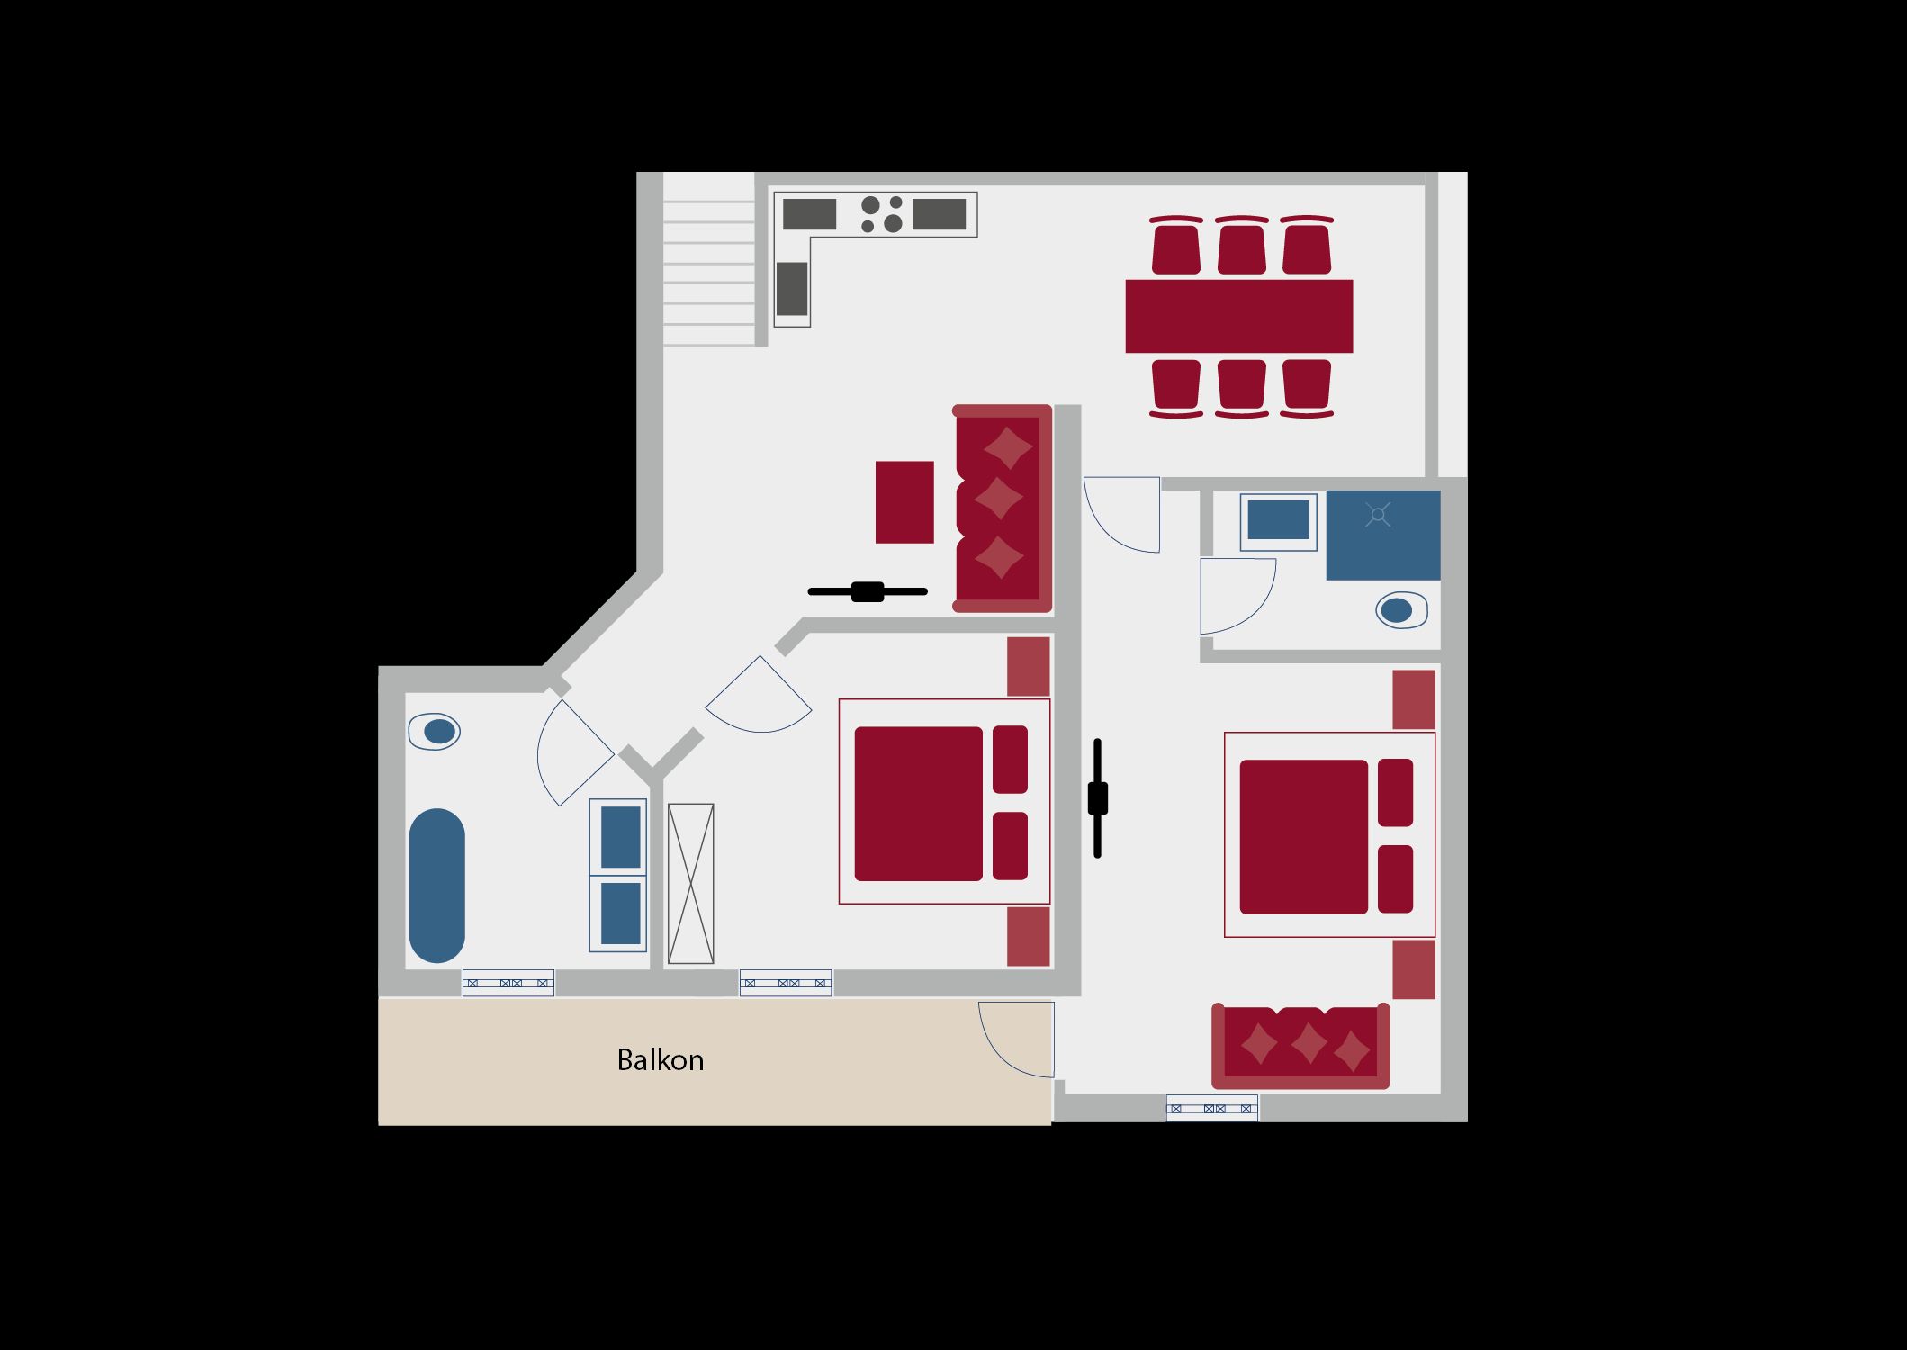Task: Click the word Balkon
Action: pyautogui.click(x=660, y=1060)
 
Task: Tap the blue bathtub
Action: pyautogui.click(x=437, y=886)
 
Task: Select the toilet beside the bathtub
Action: pyautogui.click(x=435, y=732)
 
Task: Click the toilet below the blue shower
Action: pyautogui.click(x=1401, y=610)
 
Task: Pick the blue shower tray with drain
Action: pyautogui.click(x=1383, y=535)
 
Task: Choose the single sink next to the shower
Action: pyautogui.click(x=1278, y=520)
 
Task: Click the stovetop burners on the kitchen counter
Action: pyautogui.click(x=881, y=214)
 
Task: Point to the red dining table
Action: pyautogui.click(x=1239, y=316)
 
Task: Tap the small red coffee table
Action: pyautogui.click(x=904, y=502)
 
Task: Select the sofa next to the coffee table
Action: pyautogui.click(x=1003, y=508)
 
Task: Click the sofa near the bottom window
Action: pyautogui.click(x=1300, y=1046)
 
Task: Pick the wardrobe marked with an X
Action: pyautogui.click(x=691, y=884)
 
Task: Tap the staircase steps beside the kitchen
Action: pyautogui.click(x=709, y=273)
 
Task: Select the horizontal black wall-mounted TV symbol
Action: pyautogui.click(x=868, y=591)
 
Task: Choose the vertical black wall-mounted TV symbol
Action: pyautogui.click(x=1097, y=798)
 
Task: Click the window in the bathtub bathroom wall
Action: pyautogui.click(x=508, y=983)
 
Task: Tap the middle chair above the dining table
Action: pyautogui.click(x=1242, y=245)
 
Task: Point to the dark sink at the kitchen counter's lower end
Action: pyautogui.click(x=792, y=288)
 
